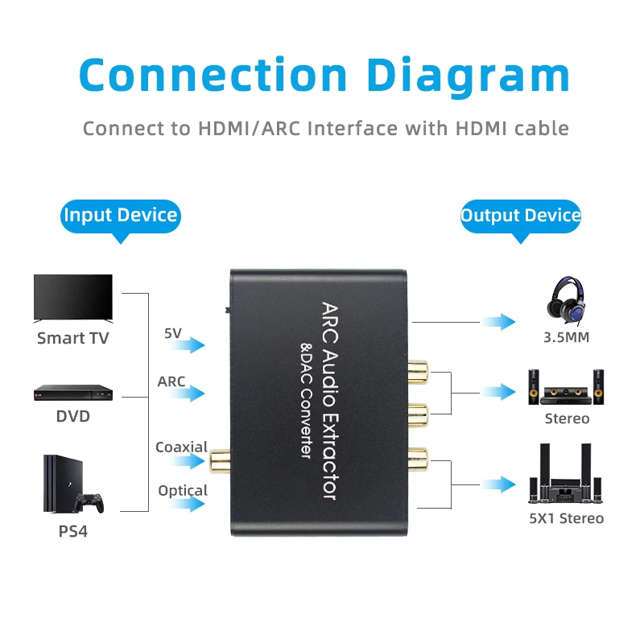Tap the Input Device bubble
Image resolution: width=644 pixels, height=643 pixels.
click(120, 216)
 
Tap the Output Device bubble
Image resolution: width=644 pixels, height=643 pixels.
click(520, 216)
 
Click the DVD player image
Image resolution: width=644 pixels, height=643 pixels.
click(72, 392)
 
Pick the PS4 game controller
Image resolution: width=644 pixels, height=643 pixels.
click(90, 501)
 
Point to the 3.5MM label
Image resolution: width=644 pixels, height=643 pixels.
click(566, 337)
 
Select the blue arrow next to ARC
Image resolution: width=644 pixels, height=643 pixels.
click(188, 394)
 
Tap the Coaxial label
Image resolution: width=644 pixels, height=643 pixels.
click(181, 447)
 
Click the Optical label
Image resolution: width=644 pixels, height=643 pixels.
click(183, 490)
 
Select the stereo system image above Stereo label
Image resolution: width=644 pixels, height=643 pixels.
click(566, 386)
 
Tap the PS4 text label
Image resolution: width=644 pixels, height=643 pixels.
click(72, 532)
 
